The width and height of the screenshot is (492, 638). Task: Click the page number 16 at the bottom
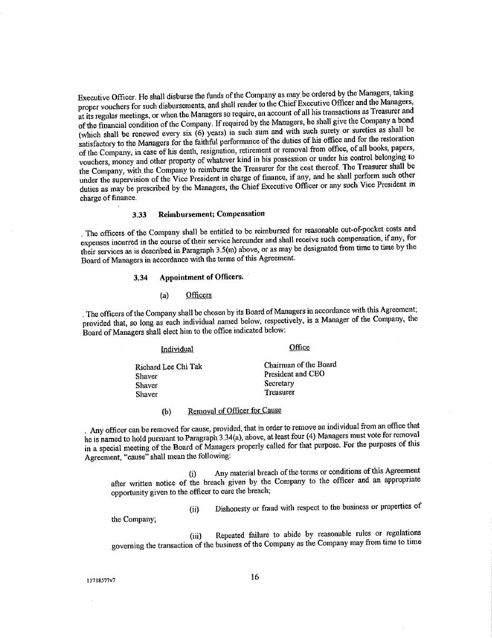pos(255,577)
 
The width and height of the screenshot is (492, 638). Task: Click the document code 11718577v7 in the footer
pos(101,580)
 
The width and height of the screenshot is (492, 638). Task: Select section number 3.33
pos(139,214)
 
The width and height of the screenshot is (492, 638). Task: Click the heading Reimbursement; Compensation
pos(211,214)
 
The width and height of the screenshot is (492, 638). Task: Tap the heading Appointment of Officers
pos(202,277)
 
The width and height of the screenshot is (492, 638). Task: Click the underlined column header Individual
pos(177,349)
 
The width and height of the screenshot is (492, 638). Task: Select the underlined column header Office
pos(299,347)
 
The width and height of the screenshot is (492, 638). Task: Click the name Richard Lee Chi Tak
pos(168,367)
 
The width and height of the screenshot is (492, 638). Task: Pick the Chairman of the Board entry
pos(300,364)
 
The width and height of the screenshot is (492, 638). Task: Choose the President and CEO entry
pos(294,374)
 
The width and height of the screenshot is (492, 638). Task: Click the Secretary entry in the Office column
pos(279,383)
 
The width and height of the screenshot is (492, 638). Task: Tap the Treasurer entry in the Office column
pos(279,392)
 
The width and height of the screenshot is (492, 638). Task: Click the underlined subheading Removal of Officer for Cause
pos(234,410)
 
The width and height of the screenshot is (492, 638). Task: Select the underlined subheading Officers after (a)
pos(198,295)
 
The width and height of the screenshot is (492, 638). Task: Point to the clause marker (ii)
pos(194,510)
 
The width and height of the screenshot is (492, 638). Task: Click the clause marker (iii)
pos(195,536)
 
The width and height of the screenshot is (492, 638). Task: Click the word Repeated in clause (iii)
pos(230,534)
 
